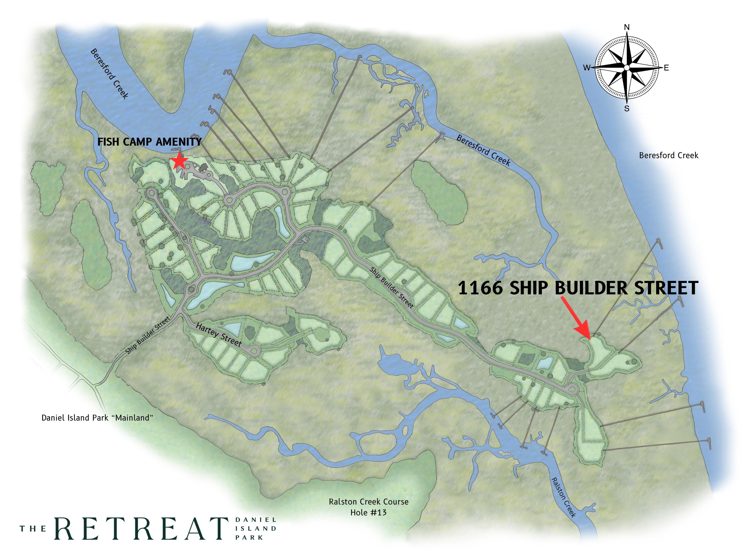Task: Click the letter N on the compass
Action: pyautogui.click(x=627, y=27)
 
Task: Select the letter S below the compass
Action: pyautogui.click(x=627, y=109)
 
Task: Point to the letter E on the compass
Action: pyautogui.click(x=666, y=68)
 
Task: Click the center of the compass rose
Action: pyautogui.click(x=627, y=68)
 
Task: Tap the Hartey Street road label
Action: pyautogui.click(x=219, y=335)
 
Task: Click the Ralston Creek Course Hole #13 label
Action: pyautogui.click(x=368, y=507)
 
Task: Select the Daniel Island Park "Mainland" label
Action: pyautogui.click(x=97, y=418)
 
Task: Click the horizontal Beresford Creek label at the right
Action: pyautogui.click(x=668, y=155)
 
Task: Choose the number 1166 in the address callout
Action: pyautogui.click(x=480, y=288)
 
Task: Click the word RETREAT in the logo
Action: pyautogui.click(x=141, y=528)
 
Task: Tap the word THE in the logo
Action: pyautogui.click(x=33, y=529)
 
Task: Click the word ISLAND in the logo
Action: pyautogui.click(x=256, y=529)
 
